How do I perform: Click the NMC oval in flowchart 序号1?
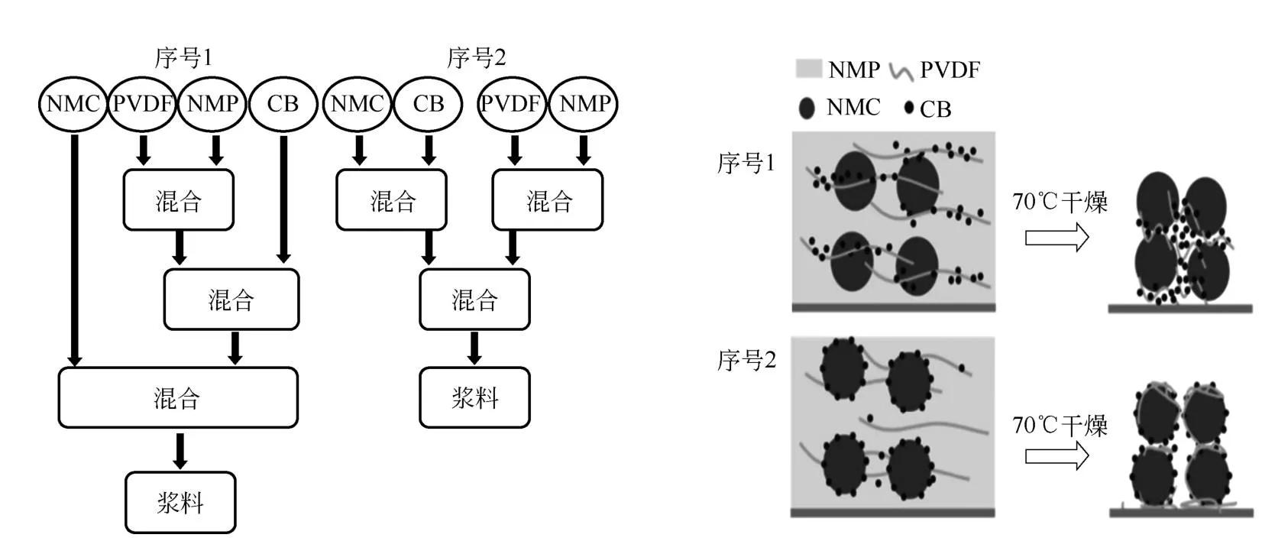(x=73, y=104)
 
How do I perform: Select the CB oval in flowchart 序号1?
(x=283, y=104)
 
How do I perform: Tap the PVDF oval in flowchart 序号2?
(x=512, y=104)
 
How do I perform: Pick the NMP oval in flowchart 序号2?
(x=584, y=104)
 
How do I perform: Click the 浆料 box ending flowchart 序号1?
(x=180, y=502)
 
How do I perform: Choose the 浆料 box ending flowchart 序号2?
(x=474, y=397)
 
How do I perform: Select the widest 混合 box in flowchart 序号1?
(x=178, y=397)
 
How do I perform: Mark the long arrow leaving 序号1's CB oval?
(x=283, y=199)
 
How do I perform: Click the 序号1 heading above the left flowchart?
(x=183, y=58)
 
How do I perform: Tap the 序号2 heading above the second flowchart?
(x=476, y=58)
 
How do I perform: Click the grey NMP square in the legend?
(x=808, y=70)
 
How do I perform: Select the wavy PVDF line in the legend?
(x=901, y=72)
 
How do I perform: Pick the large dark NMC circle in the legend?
(x=807, y=108)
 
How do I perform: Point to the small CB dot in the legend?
(x=908, y=108)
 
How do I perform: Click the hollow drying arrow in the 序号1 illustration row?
(x=1057, y=238)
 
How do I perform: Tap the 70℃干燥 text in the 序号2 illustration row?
(x=1060, y=425)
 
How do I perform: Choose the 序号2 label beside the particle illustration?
(x=746, y=360)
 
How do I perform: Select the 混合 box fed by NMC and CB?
(x=391, y=200)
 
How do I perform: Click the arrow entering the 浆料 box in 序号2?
(x=474, y=348)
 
